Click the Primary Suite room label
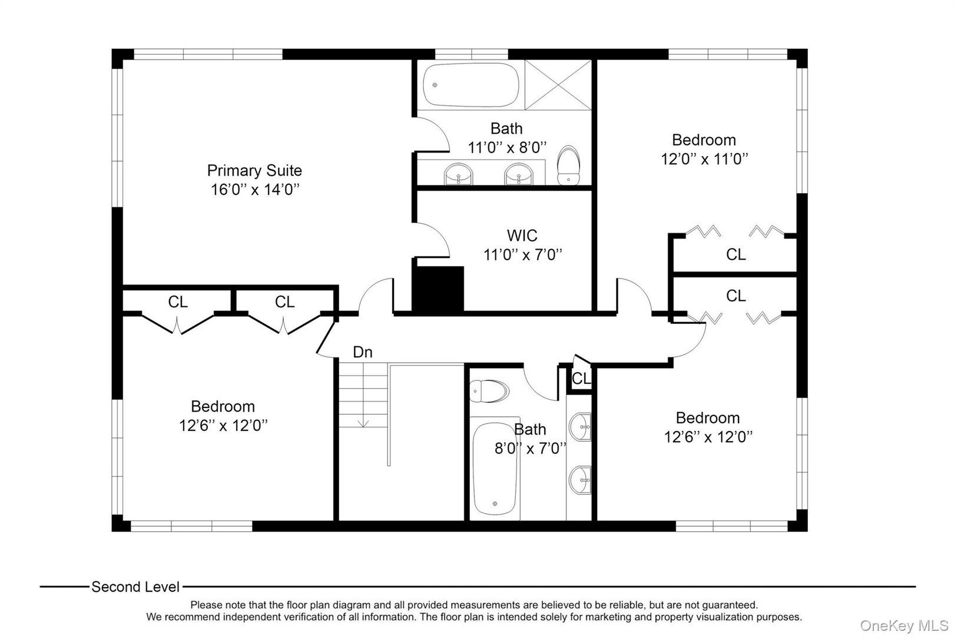click(x=254, y=171)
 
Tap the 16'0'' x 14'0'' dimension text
click(x=255, y=190)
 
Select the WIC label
click(x=522, y=236)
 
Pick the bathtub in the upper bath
click(x=471, y=85)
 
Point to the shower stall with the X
click(x=558, y=85)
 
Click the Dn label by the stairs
click(x=363, y=352)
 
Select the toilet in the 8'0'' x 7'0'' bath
click(x=489, y=391)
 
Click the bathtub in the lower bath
click(x=495, y=471)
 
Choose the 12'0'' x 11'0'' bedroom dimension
click(x=704, y=159)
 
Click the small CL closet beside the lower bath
click(x=581, y=378)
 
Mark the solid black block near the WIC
click(x=438, y=289)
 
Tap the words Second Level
click(x=135, y=587)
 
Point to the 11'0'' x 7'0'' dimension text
click(x=522, y=254)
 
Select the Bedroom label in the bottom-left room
click(x=223, y=406)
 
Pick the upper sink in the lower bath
click(x=581, y=426)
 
